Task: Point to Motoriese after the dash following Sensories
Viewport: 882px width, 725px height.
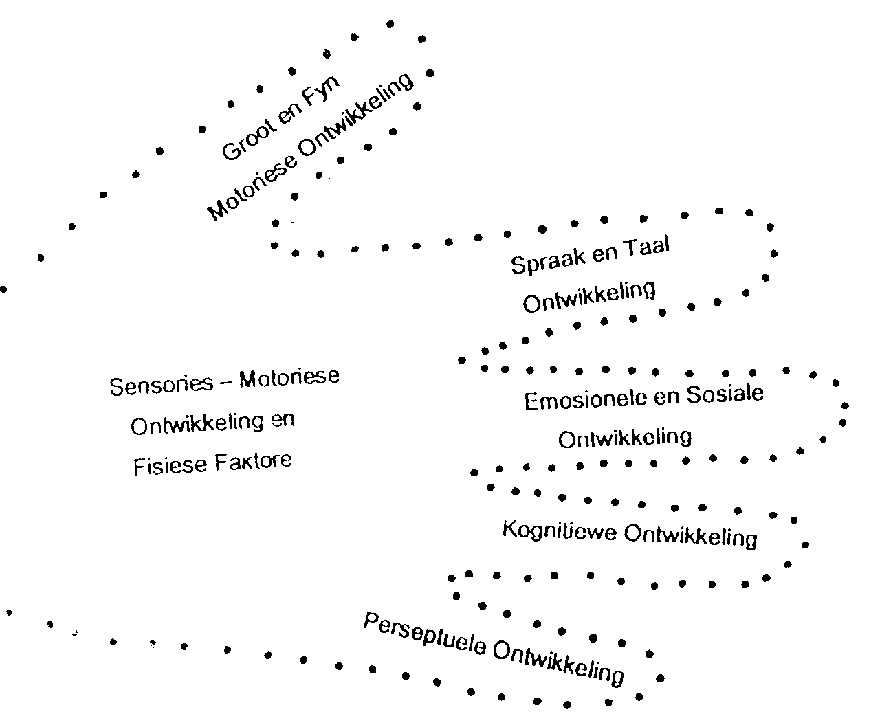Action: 289,379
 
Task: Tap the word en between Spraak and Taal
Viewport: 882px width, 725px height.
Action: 605,254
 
